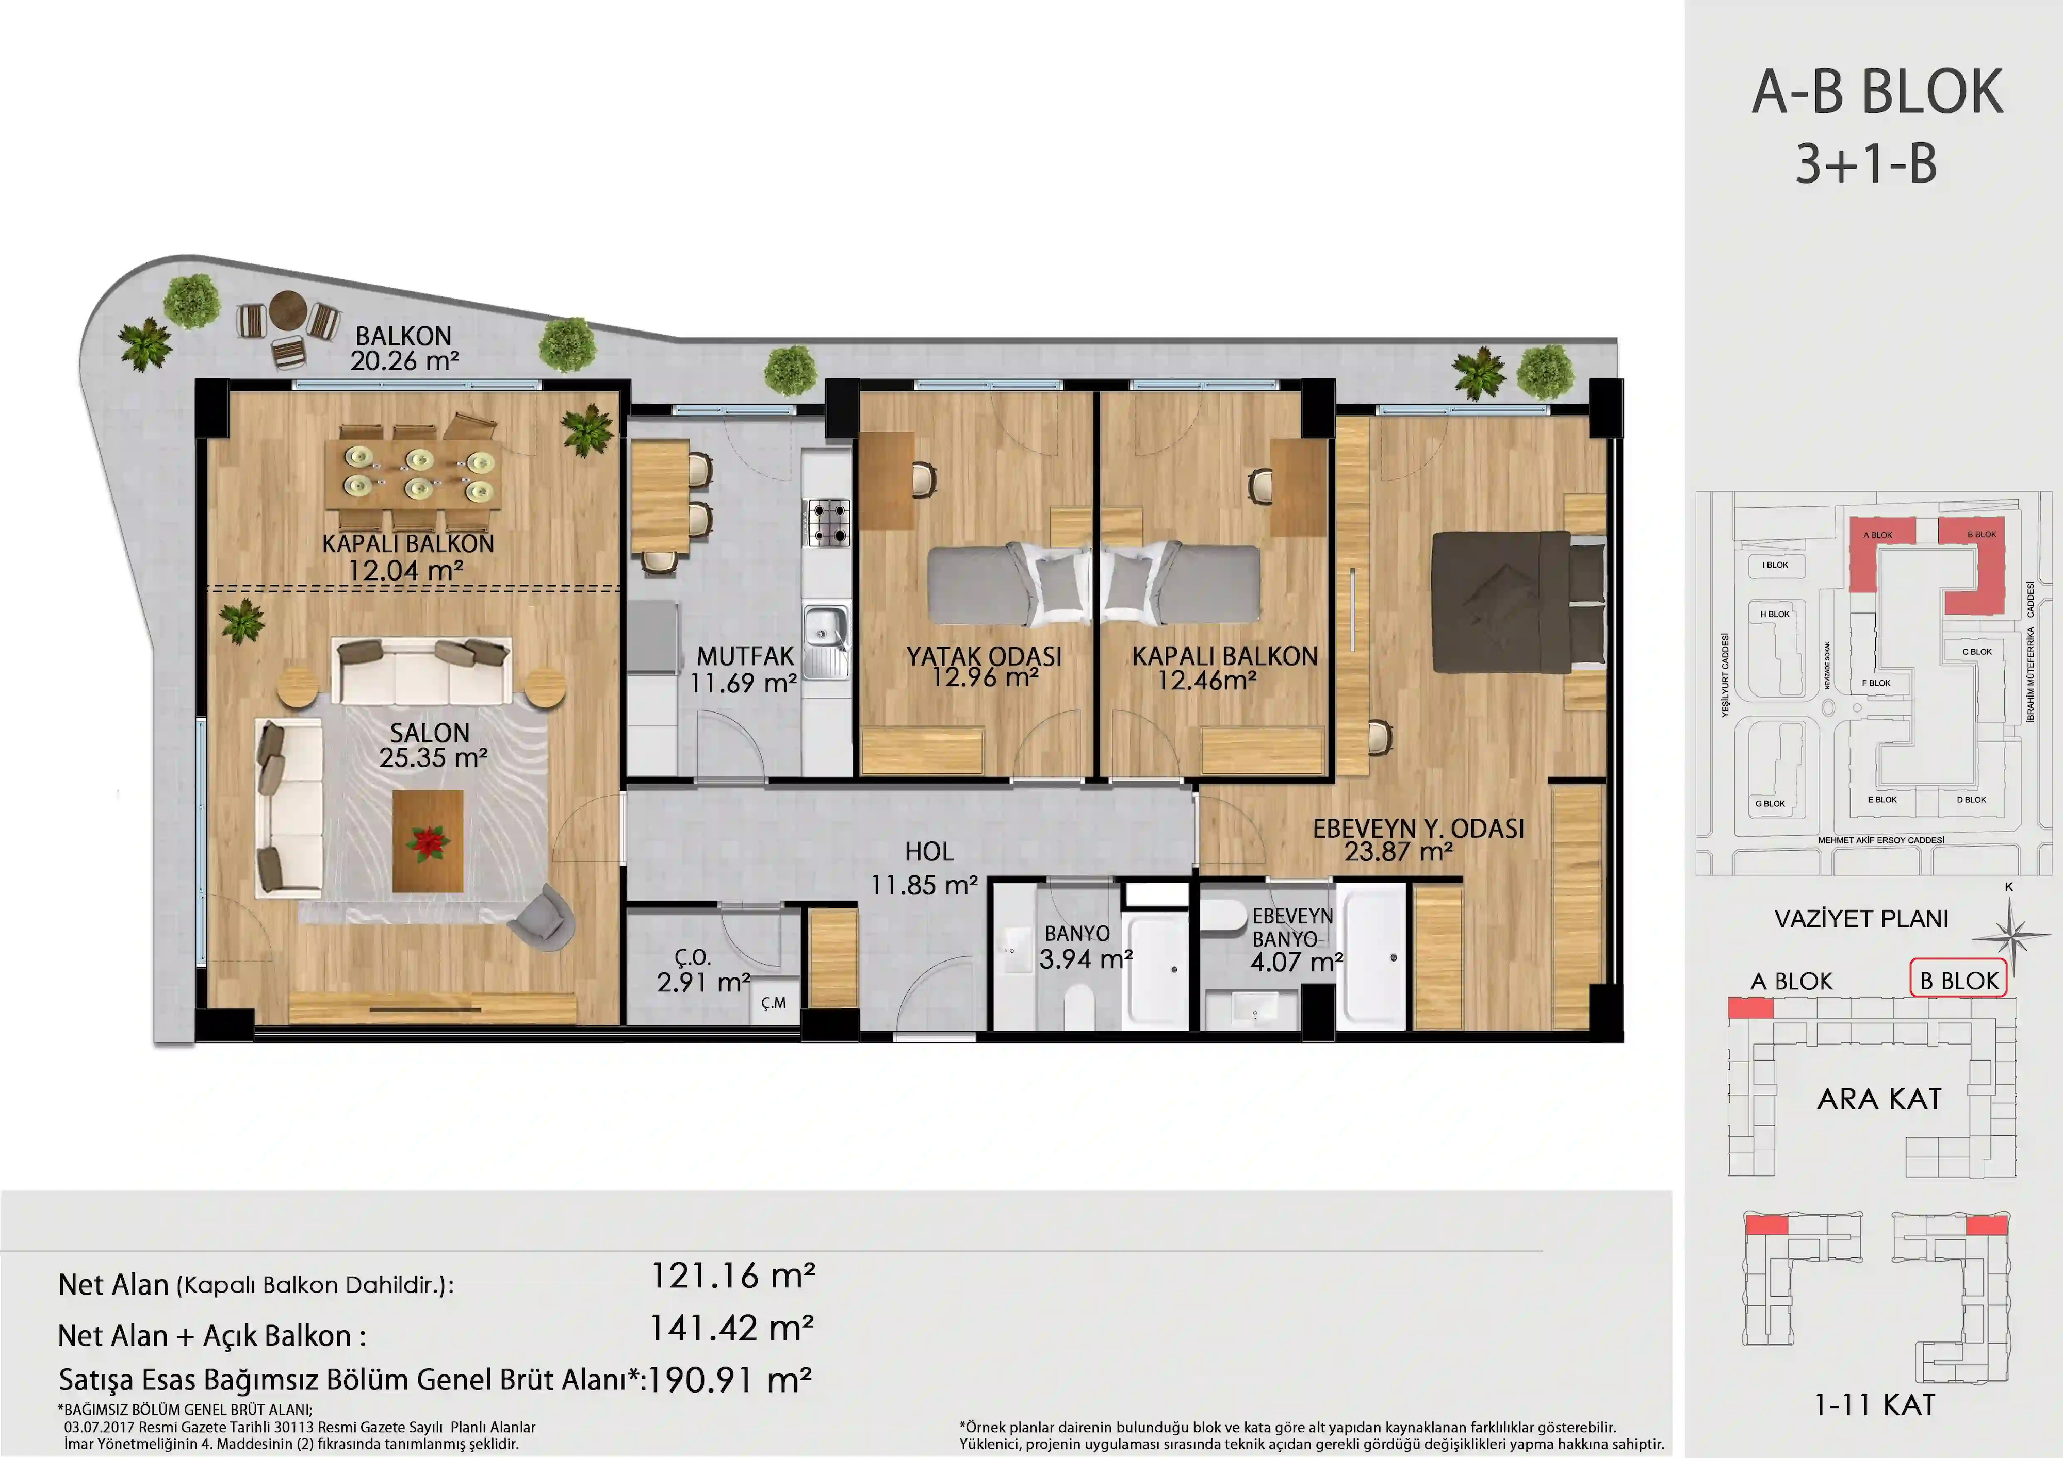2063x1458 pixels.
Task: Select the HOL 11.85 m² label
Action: pyautogui.click(x=925, y=868)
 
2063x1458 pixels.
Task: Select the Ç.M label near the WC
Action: pyautogui.click(x=773, y=1003)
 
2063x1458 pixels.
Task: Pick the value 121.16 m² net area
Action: pyautogui.click(x=732, y=1275)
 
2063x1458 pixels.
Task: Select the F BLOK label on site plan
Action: pyautogui.click(x=1876, y=683)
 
